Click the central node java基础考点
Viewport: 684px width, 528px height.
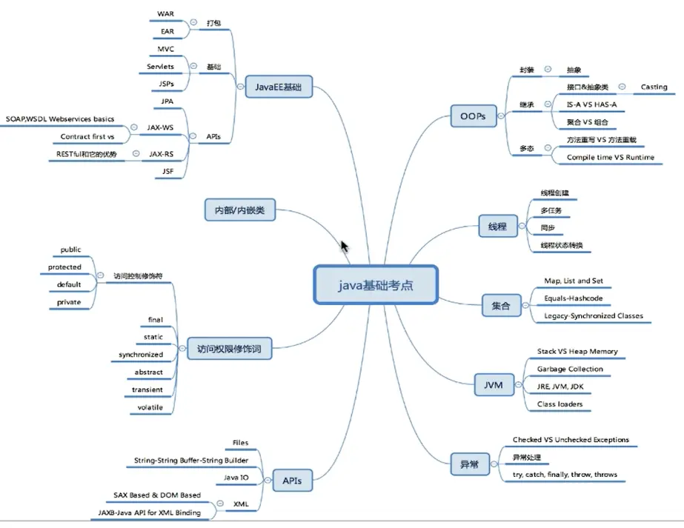376,284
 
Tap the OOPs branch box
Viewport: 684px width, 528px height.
473,116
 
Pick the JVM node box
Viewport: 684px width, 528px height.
493,385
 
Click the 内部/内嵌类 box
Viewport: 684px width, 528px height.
240,211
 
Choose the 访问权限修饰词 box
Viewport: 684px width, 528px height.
228,347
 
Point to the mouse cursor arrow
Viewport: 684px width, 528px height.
344,247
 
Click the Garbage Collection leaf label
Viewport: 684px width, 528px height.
569,369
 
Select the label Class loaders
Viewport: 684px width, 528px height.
560,404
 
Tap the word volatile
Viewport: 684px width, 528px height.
150,407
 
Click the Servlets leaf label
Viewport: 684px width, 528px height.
160,67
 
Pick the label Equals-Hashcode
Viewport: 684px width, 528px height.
573,298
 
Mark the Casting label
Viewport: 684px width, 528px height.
654,87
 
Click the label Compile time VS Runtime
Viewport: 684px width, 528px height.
610,158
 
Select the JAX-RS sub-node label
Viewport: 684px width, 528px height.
161,154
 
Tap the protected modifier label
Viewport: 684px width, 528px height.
64,267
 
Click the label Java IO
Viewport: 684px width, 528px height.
236,478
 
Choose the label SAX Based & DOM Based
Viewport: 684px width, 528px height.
157,495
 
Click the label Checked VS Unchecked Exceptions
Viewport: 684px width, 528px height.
571,440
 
